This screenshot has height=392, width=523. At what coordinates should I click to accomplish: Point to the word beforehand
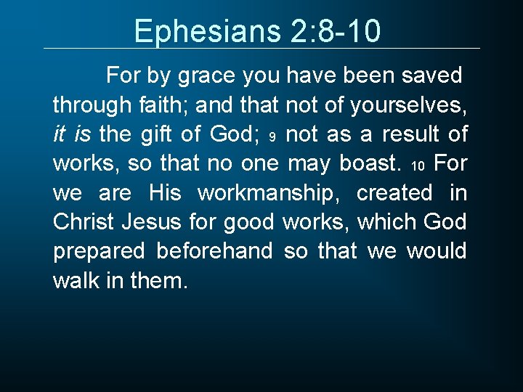pos(214,250)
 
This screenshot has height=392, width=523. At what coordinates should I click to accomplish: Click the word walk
pos(74,279)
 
